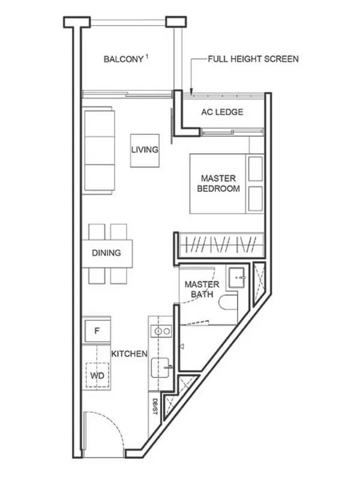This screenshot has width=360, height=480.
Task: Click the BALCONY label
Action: (123, 59)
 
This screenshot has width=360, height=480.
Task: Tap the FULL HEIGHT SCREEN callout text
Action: (253, 59)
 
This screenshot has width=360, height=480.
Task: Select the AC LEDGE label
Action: (222, 112)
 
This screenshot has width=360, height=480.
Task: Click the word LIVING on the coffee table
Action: (145, 150)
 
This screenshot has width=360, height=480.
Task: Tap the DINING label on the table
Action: (106, 253)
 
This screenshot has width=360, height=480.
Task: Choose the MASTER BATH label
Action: (202, 289)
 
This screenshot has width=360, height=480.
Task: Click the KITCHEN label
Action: (129, 354)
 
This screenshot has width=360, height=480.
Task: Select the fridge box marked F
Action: (96, 329)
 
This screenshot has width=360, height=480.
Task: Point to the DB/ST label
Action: (154, 406)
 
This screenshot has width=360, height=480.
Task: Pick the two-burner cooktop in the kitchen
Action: (161, 331)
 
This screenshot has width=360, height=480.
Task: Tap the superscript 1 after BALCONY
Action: (147, 56)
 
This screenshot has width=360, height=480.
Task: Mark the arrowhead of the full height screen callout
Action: (191, 91)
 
